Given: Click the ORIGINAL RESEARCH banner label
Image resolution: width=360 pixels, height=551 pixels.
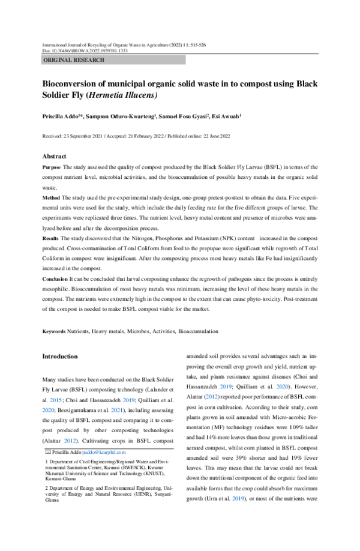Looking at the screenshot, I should [74, 60].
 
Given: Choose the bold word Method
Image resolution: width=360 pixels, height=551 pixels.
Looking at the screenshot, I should [50, 197].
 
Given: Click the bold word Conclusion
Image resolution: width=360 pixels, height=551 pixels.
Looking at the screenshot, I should [55, 280].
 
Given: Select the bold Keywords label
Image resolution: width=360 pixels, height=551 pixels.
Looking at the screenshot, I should [53, 331].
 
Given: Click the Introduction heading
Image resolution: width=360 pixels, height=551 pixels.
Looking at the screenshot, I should [59, 357].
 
